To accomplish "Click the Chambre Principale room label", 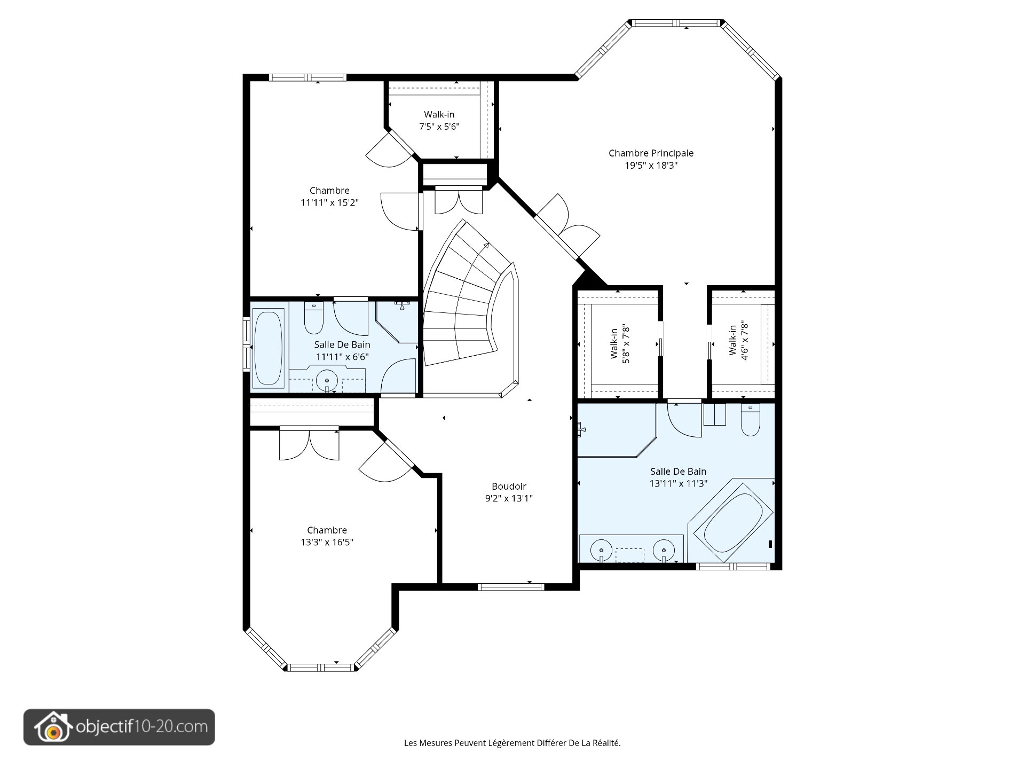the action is click(x=651, y=153).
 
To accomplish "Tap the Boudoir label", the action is click(x=509, y=486).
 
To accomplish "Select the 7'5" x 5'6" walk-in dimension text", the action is click(x=439, y=127).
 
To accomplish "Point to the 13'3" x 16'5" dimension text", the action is click(x=327, y=543).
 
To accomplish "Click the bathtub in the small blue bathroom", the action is click(x=268, y=349).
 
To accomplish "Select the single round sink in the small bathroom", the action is click(x=327, y=381).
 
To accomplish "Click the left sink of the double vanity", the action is click(x=602, y=550).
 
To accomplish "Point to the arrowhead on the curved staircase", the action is click(x=486, y=246).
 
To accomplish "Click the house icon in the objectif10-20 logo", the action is click(x=52, y=727).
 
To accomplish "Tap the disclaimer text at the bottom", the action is click(x=512, y=743).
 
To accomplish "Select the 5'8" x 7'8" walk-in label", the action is click(x=620, y=345).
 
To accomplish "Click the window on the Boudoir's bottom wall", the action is click(x=511, y=587).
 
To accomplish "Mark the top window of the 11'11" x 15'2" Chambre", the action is click(x=307, y=77).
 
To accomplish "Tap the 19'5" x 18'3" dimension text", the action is click(x=651, y=166).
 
